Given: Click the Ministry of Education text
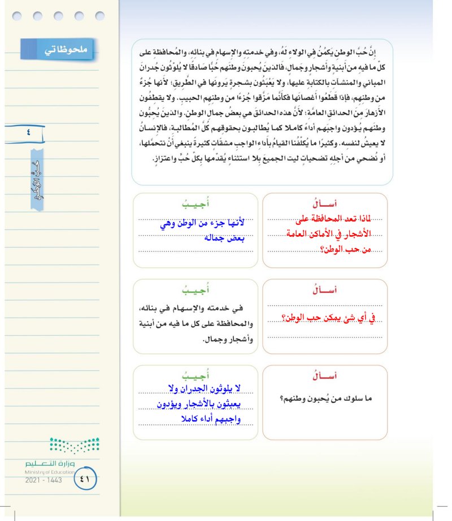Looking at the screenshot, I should point(49,471).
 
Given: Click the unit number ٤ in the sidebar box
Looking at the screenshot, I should point(29,134).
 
